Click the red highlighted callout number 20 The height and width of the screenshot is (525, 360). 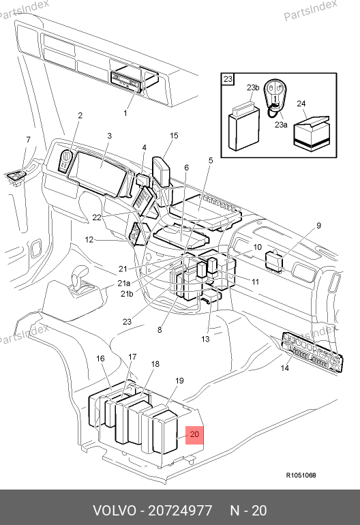click(194, 434)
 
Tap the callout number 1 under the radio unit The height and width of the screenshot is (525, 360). click(125, 113)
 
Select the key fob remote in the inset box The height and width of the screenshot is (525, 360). click(274, 95)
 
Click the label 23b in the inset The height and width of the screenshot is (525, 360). click(253, 88)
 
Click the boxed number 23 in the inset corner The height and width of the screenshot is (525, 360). click(228, 79)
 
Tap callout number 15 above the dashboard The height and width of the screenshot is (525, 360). click(174, 136)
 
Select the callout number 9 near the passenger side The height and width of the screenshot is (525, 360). click(318, 226)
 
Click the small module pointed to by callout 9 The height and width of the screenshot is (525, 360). click(274, 261)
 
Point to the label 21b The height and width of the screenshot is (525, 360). click(127, 294)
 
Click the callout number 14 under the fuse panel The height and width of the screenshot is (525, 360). click(284, 368)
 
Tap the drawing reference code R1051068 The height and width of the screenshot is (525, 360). click(301, 475)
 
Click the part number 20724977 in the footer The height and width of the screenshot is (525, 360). click(180, 511)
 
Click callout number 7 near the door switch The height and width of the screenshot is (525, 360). click(28, 140)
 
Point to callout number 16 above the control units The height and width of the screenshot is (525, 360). click(100, 359)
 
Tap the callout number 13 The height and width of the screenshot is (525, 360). click(205, 339)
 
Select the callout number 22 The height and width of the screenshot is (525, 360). click(97, 217)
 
